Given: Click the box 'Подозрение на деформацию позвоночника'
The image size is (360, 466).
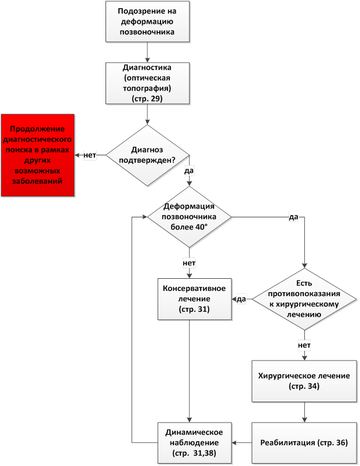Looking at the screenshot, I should click(x=147, y=21).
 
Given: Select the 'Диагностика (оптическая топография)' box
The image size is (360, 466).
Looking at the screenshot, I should click(x=147, y=82).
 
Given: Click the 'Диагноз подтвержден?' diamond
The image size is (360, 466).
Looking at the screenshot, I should click(x=147, y=155).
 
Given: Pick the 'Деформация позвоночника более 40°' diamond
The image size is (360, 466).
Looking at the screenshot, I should click(x=190, y=217).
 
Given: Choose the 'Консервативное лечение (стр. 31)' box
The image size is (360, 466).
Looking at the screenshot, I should click(x=190, y=299).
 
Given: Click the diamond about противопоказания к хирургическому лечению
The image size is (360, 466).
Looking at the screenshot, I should click(x=304, y=299).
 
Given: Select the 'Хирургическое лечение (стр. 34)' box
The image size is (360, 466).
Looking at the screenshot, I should click(x=304, y=380).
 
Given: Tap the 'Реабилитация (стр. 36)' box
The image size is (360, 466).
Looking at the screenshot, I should click(x=304, y=443).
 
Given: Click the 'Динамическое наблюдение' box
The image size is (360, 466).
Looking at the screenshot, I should click(x=190, y=443).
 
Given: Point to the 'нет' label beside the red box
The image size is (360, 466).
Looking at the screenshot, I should click(x=90, y=155).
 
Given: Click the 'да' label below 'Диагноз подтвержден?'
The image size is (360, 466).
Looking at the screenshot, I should click(x=189, y=172).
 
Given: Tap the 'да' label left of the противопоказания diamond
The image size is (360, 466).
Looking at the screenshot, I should click(x=242, y=299).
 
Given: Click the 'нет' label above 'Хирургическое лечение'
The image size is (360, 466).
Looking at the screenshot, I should click(x=304, y=345).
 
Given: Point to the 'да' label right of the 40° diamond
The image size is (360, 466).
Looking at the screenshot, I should click(x=293, y=217).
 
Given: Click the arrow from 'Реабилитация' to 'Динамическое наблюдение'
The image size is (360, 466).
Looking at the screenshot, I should click(x=242, y=443).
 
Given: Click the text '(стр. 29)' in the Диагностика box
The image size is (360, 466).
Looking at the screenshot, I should click(x=147, y=99).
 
